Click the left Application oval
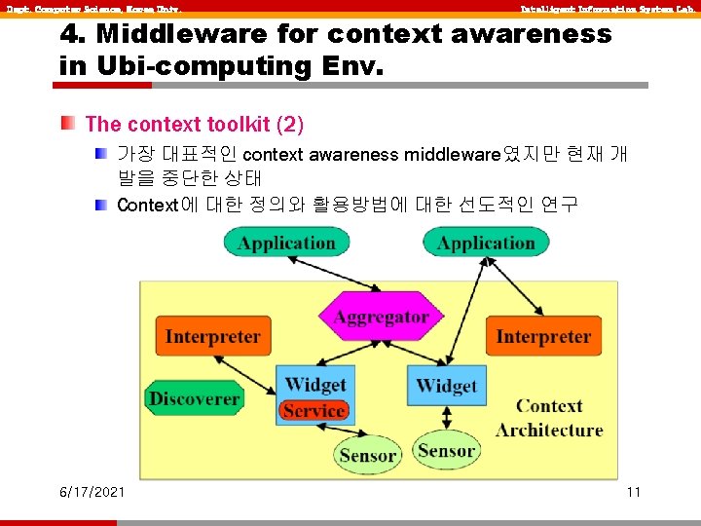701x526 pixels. [x=285, y=243]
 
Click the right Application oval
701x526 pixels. [x=486, y=243]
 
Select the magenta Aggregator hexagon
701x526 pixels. [x=381, y=318]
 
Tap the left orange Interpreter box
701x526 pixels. [x=212, y=337]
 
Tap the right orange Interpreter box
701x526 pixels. [x=542, y=337]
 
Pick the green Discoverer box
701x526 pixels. [x=194, y=398]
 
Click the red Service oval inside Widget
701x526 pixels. [x=314, y=411]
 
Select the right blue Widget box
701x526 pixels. [x=446, y=386]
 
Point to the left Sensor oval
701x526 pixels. [x=367, y=455]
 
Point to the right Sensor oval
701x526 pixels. [x=446, y=450]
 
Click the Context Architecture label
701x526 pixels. [x=549, y=418]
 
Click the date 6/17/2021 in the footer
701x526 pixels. [x=92, y=492]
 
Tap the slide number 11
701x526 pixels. [x=633, y=492]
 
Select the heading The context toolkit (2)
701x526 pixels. [x=195, y=125]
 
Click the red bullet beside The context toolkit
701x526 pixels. [x=67, y=124]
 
